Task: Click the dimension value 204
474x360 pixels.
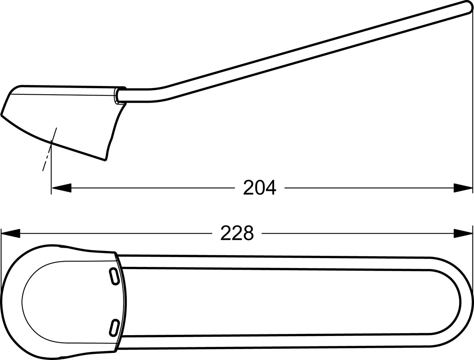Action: pyautogui.click(x=260, y=188)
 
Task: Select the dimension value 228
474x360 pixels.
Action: pyautogui.click(x=237, y=233)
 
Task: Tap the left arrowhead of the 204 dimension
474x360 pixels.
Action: pyautogui.click(x=61, y=188)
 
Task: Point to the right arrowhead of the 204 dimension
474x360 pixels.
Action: pyautogui.click(x=463, y=188)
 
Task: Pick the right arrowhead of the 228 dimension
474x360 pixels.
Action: pyautogui.click(x=463, y=233)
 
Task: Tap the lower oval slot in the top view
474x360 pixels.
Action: pyautogui.click(x=114, y=327)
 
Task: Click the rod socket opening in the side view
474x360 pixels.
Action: pyautogui.click(x=117, y=96)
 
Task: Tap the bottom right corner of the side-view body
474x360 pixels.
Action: pyautogui.click(x=105, y=160)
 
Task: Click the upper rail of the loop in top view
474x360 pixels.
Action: pyautogui.click(x=276, y=262)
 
